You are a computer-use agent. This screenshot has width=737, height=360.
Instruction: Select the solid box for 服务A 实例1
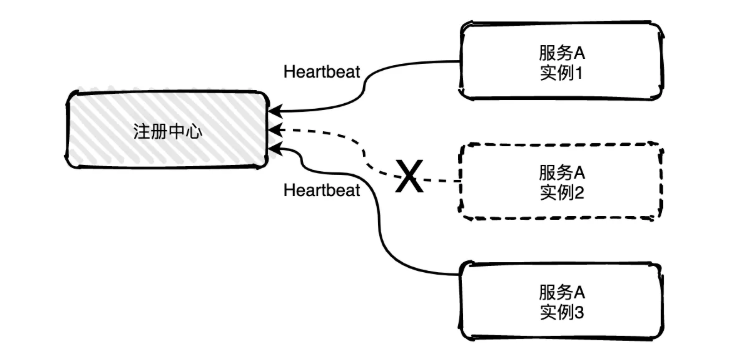(x=560, y=62)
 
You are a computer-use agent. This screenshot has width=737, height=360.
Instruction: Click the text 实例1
(x=559, y=75)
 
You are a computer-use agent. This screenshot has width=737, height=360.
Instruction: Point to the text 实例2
(x=559, y=192)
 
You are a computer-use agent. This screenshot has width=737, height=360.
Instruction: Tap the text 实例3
(x=559, y=313)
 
